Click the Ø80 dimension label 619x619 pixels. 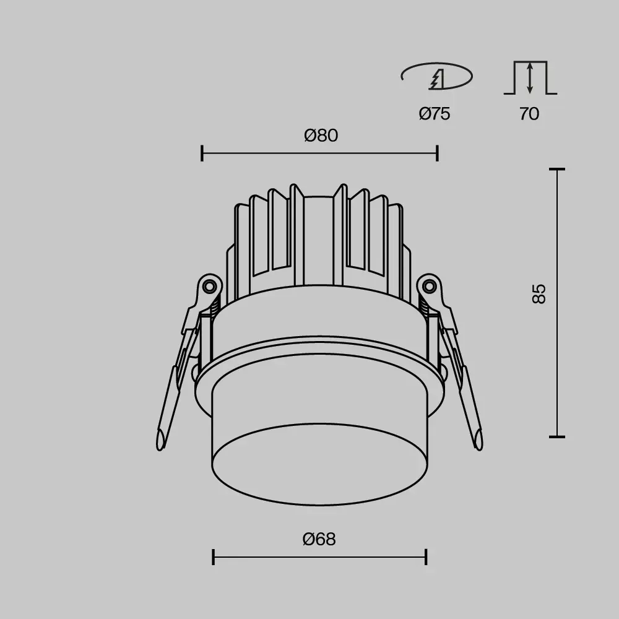(x=321, y=136)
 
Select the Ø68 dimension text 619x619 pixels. (x=319, y=539)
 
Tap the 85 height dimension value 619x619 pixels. (x=539, y=293)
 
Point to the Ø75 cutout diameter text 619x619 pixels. (x=435, y=114)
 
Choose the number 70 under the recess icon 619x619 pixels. (x=529, y=114)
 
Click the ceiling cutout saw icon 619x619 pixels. (x=436, y=76)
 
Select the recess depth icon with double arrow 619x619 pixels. (x=530, y=78)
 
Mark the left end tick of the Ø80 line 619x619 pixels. (x=202, y=153)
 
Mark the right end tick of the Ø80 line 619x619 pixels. (x=438, y=153)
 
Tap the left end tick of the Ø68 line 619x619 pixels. (x=213, y=557)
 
